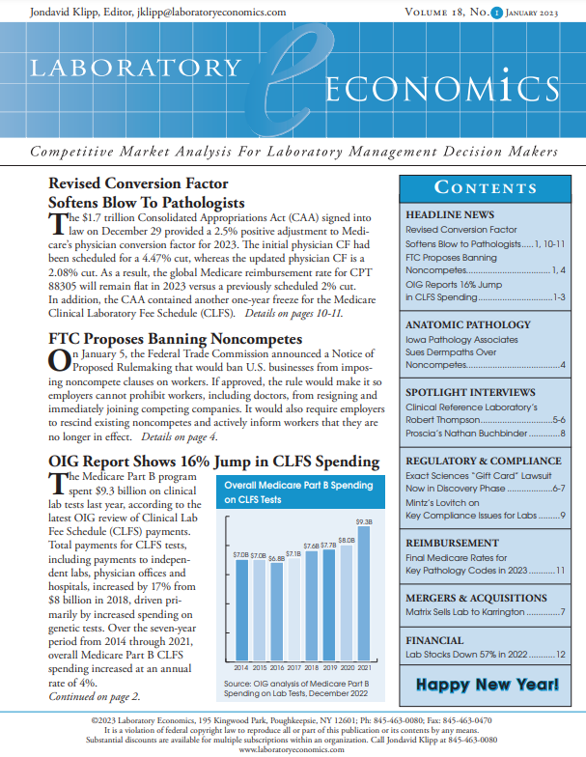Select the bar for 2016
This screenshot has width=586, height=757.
pos(277,613)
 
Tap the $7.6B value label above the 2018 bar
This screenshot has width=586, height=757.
pos(312,546)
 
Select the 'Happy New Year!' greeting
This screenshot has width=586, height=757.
pos(488,686)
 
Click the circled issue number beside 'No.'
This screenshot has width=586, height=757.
pos(495,12)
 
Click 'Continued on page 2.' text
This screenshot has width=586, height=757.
pos(94,696)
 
